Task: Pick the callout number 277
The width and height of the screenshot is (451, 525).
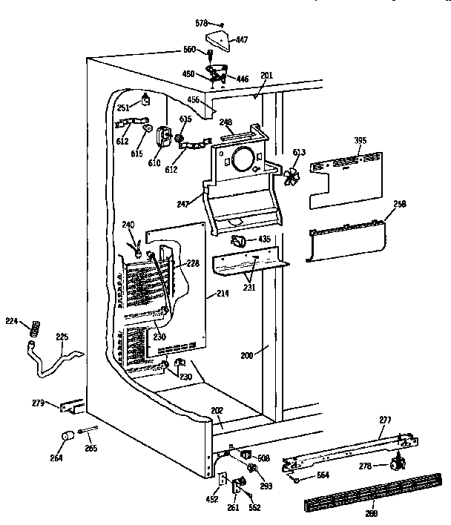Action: [x=385, y=420]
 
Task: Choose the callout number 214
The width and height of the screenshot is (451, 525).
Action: [x=222, y=294]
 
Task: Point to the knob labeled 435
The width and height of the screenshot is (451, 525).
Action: [x=240, y=241]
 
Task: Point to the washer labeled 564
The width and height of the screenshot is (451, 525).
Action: [x=297, y=480]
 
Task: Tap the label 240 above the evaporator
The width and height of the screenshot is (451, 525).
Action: [x=128, y=225]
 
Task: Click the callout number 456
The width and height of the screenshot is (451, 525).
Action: [x=194, y=99]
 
